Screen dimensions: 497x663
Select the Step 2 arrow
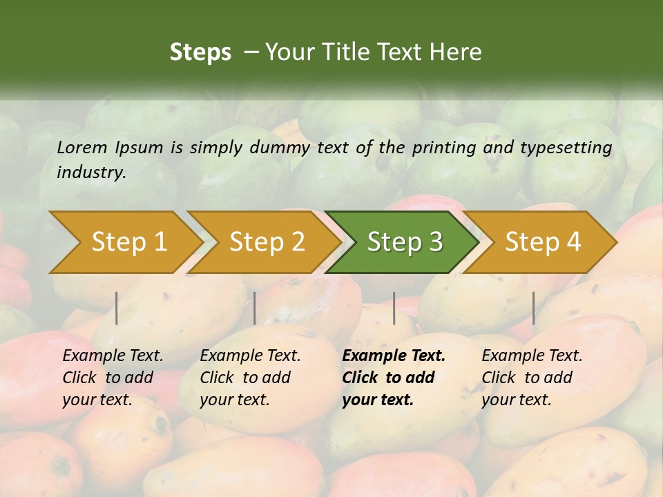click(267, 242)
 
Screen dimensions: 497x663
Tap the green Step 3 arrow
click(405, 242)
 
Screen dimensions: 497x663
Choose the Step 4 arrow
click(543, 242)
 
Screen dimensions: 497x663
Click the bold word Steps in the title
click(200, 52)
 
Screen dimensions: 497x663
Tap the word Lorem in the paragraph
click(82, 147)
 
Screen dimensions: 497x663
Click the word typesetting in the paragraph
click(566, 147)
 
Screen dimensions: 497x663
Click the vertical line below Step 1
click(117, 308)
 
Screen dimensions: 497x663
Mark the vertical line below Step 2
click(255, 308)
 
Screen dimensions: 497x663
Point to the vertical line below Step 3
click(394, 308)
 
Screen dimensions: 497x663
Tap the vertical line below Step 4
click(533, 308)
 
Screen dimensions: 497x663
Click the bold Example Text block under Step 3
click(394, 378)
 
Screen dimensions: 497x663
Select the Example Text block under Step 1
click(113, 378)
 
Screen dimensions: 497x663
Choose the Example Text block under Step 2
click(250, 378)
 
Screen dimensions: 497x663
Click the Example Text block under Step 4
click(532, 378)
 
